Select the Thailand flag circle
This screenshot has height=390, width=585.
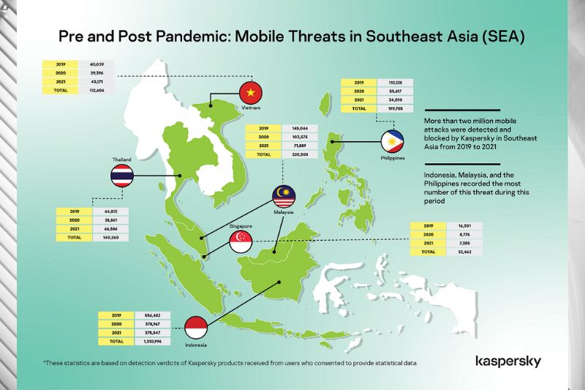click(121, 176)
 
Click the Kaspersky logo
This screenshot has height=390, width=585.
click(508, 361)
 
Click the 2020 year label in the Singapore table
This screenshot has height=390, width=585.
click(428, 235)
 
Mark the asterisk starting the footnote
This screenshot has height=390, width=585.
click(45, 363)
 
